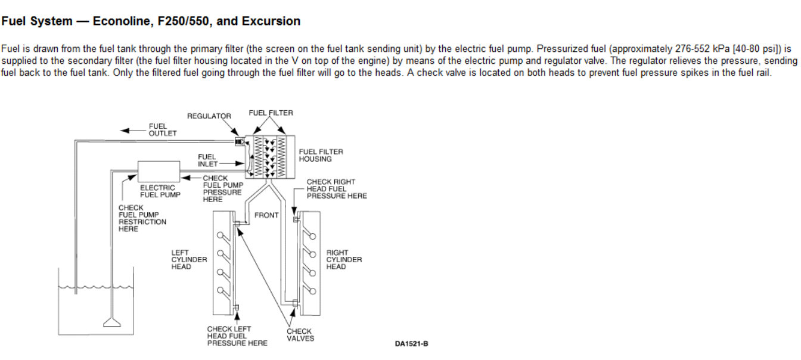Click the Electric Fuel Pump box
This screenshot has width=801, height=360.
pos(159,171)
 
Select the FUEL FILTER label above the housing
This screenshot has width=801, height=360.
pos(271,113)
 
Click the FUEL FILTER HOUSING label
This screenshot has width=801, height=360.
pos(321,156)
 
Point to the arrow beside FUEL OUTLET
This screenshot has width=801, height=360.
pos(131,130)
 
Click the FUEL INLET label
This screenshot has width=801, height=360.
pos(207,160)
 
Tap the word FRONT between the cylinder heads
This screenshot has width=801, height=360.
pos(266,215)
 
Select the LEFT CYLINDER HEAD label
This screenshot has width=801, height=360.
pos(189,260)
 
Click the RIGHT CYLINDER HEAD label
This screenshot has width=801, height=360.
pos(344,260)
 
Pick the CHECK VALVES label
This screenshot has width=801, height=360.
pos(300,335)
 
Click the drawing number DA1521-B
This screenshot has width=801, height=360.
pos(411,344)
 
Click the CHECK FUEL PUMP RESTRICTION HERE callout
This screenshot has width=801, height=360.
pos(142,218)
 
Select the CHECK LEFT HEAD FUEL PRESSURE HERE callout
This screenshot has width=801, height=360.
pos(237,336)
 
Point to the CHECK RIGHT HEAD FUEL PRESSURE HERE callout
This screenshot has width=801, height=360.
pos(336,189)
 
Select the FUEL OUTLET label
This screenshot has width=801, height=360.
pos(162,130)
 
